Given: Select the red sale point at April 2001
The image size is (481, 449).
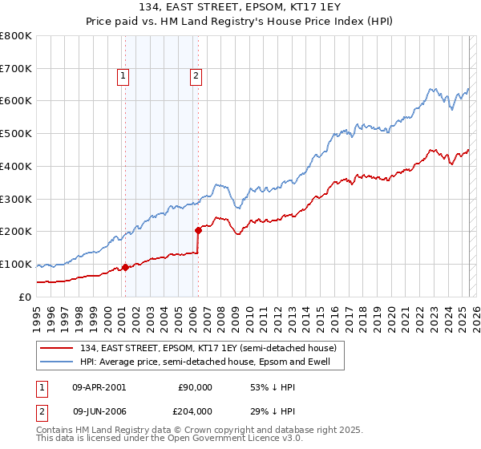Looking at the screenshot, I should click(125, 267).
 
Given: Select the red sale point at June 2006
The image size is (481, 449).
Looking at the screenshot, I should click(198, 230).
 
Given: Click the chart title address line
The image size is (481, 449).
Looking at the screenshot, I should click(240, 10).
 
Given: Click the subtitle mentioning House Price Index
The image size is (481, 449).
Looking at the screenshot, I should click(240, 23).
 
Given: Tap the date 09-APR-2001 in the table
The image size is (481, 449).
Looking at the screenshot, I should click(99, 387).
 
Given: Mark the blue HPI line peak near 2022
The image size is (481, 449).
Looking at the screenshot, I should click(431, 87).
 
